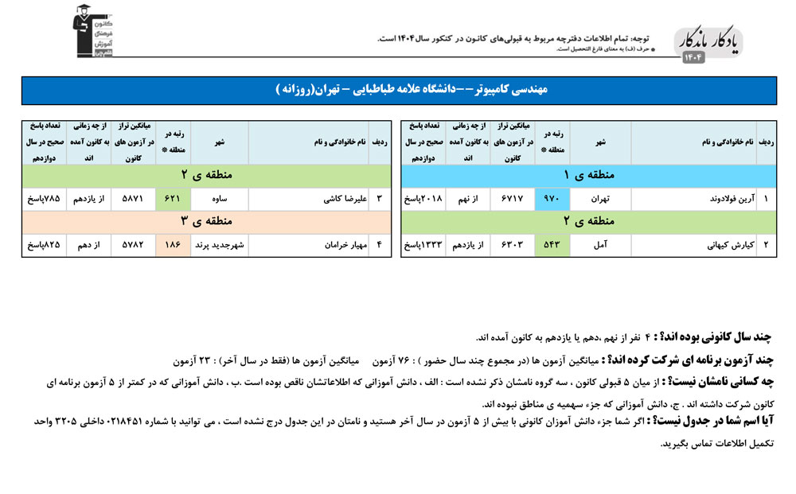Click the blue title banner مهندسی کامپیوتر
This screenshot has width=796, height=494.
tap(398, 90)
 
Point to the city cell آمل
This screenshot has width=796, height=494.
tap(600, 245)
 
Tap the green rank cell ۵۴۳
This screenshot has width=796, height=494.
tap(550, 245)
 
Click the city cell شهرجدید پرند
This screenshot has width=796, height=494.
tap(219, 245)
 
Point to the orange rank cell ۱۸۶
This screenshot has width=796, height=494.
tap(172, 245)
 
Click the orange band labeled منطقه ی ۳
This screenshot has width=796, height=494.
tap(206, 221)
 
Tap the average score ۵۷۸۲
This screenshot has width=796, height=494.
tap(132, 245)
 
